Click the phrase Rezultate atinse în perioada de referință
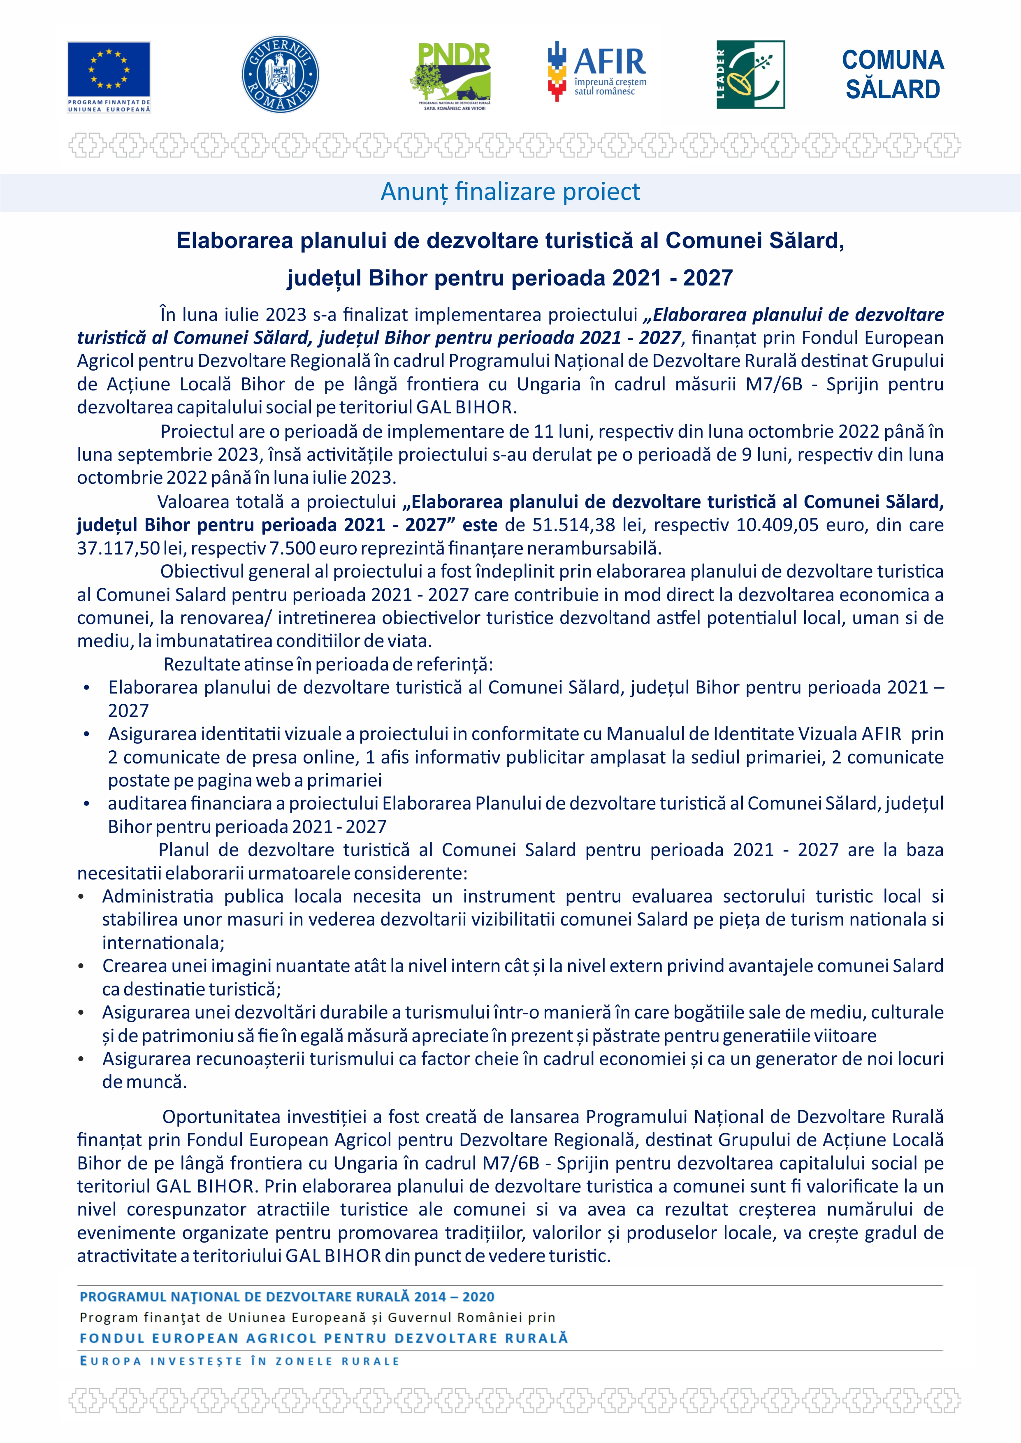328,664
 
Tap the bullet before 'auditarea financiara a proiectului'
87,804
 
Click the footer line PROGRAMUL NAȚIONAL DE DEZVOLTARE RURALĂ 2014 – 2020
287,1297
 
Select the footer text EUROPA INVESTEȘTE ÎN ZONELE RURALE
239,1361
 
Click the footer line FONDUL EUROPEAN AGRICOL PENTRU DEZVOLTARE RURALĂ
323,1338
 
